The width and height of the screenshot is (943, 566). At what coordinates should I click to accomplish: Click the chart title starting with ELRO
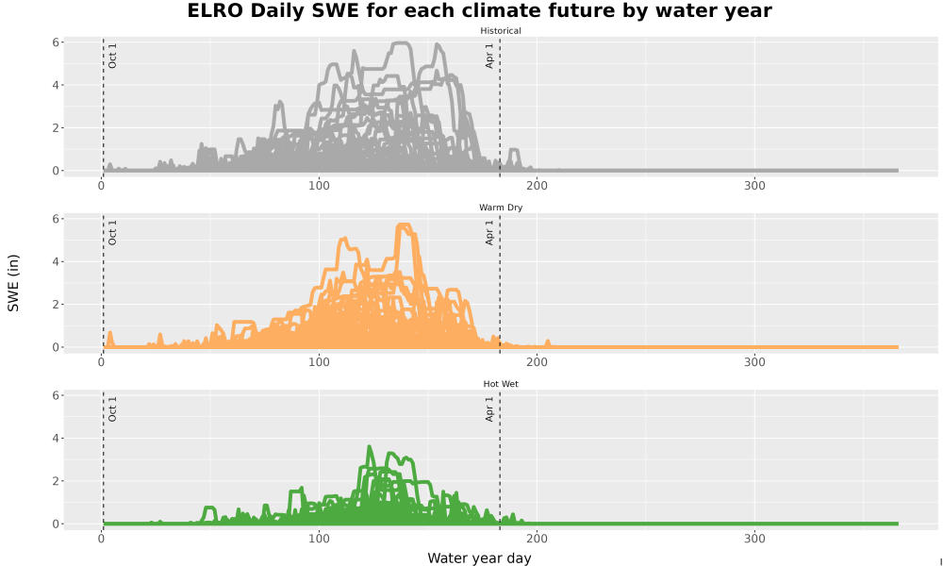[x=479, y=10]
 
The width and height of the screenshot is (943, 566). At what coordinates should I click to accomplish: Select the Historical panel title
[x=501, y=31]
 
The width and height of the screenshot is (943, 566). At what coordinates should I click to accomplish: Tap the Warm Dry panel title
[x=501, y=208]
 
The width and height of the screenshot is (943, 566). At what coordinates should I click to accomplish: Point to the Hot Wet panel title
[x=501, y=384]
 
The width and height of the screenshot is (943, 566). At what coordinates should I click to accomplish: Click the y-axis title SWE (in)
[x=13, y=283]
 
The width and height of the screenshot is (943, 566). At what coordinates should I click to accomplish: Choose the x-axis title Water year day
[x=479, y=558]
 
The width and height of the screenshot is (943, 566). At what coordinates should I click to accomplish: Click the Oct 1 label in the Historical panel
[x=112, y=56]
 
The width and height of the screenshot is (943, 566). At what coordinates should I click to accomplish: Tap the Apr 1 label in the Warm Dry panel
[x=489, y=233]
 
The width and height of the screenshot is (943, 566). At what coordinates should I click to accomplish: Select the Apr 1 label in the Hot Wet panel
[x=489, y=409]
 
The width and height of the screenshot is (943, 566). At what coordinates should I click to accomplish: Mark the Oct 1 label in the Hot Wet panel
[x=112, y=409]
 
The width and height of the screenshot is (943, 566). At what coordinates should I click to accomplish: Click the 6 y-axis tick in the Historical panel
[x=56, y=42]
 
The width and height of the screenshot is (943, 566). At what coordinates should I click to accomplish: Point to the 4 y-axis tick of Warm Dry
[x=56, y=261]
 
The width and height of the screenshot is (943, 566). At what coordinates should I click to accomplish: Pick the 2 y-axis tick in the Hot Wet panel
[x=56, y=481]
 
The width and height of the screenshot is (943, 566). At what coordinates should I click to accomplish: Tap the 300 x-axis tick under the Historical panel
[x=754, y=185]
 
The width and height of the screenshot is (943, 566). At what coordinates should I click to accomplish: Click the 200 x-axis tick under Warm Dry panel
[x=538, y=362]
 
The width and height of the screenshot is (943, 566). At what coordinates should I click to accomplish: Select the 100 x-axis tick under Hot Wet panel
[x=319, y=539]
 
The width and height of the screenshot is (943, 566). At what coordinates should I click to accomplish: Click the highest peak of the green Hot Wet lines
[x=370, y=446]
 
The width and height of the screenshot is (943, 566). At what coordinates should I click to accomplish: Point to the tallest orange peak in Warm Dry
[x=403, y=225]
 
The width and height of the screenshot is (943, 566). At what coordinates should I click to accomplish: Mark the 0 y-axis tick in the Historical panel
[x=56, y=171]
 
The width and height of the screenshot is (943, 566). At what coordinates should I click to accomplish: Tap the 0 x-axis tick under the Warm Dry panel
[x=102, y=362]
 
